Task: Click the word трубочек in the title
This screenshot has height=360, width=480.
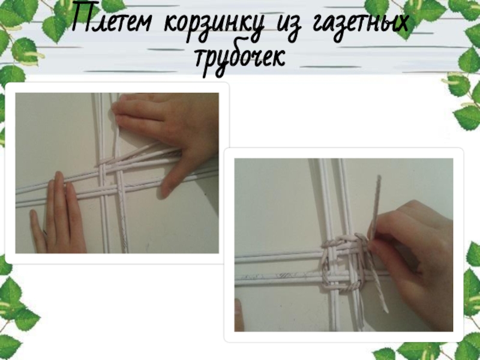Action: pyautogui.click(x=241, y=60)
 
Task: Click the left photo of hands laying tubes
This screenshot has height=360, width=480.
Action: pyautogui.click(x=117, y=173)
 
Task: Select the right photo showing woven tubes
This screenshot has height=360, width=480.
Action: pyautogui.click(x=343, y=245)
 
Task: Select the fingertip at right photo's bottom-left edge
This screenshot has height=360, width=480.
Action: pyautogui.click(x=239, y=316)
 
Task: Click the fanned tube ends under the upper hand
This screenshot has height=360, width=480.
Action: pyautogui.click(x=141, y=155)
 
